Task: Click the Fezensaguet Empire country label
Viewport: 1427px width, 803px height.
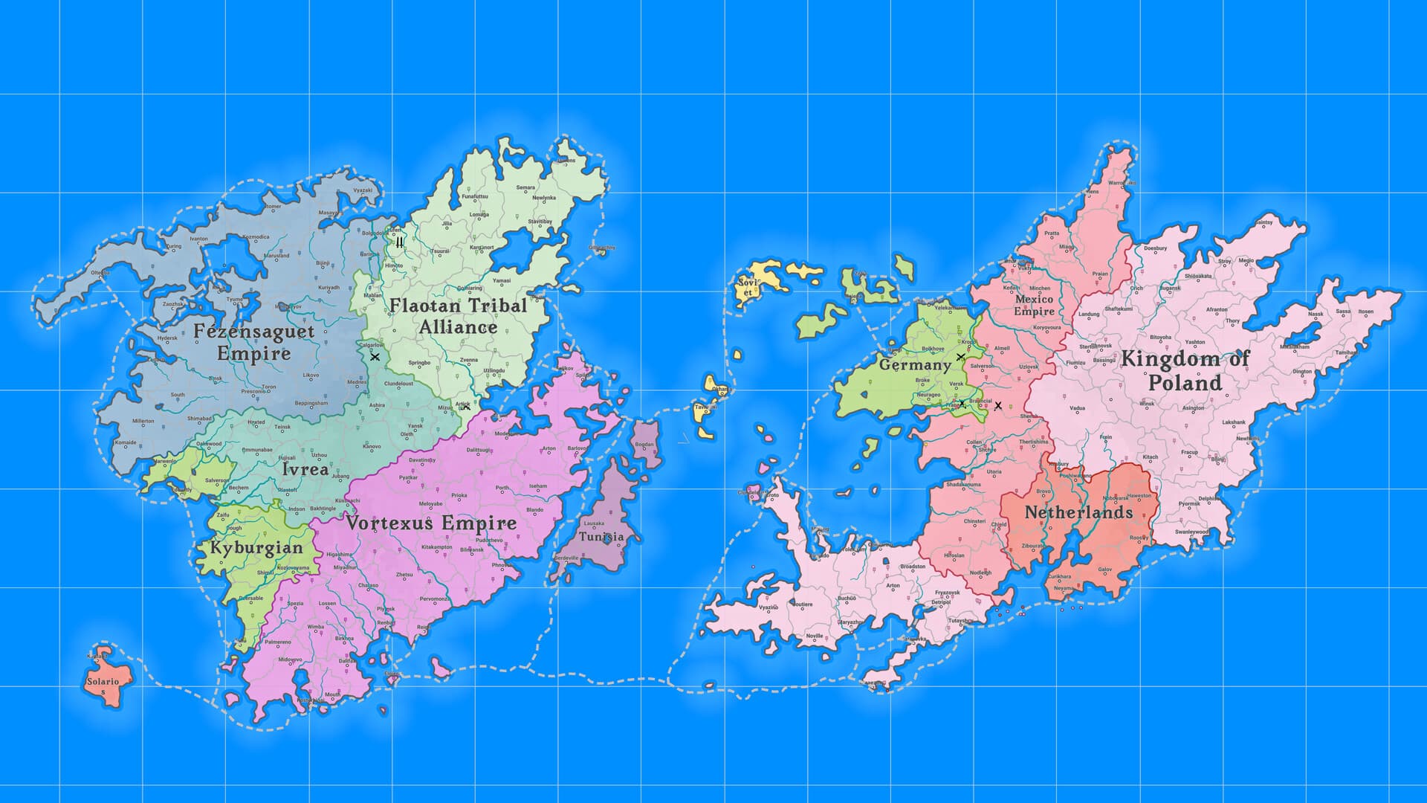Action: [253, 342]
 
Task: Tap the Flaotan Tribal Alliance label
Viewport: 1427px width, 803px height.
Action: [458, 316]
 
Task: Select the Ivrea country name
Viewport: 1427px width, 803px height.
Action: [305, 469]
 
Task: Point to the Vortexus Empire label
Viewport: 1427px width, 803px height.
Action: [431, 523]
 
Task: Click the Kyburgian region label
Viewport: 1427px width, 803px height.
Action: [256, 548]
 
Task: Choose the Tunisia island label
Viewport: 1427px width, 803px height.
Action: [601, 536]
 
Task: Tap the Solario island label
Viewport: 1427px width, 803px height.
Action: [103, 682]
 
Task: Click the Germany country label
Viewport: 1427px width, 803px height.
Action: [915, 365]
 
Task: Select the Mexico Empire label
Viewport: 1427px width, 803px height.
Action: [1034, 305]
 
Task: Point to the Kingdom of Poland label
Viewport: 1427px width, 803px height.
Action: [1185, 370]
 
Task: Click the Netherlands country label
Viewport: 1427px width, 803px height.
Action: [1078, 512]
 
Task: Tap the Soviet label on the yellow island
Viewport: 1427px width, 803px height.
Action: [747, 287]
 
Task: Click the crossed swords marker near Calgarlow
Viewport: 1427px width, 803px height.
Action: [375, 357]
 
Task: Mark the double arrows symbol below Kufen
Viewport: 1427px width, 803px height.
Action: [400, 242]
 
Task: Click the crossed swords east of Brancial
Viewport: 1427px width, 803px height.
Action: [998, 406]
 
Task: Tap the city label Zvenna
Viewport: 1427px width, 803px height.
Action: [468, 360]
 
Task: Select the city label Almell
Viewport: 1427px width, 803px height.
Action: [1002, 348]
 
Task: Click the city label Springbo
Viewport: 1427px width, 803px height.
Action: [419, 363]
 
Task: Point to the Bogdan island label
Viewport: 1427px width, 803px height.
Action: [644, 445]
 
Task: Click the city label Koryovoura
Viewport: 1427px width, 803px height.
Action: [1047, 327]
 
